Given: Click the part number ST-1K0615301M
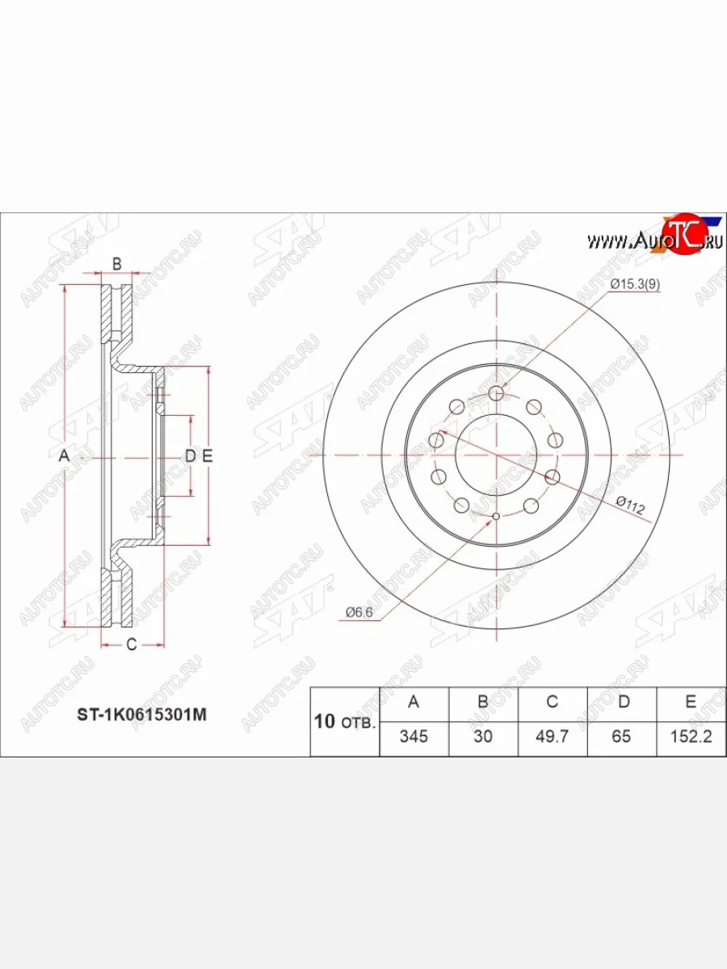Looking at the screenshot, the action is [x=141, y=715].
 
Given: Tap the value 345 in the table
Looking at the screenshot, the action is [x=414, y=736].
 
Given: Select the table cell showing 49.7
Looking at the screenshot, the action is [x=553, y=736].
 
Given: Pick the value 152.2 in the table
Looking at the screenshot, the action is [x=691, y=736].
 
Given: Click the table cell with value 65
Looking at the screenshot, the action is [x=621, y=736].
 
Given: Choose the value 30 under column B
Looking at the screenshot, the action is [x=483, y=736].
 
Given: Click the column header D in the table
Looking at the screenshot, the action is [x=624, y=702].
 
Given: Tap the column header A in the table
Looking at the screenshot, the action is [x=414, y=702].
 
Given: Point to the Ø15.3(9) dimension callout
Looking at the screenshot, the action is [x=635, y=285].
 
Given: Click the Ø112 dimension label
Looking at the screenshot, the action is [x=631, y=505].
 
